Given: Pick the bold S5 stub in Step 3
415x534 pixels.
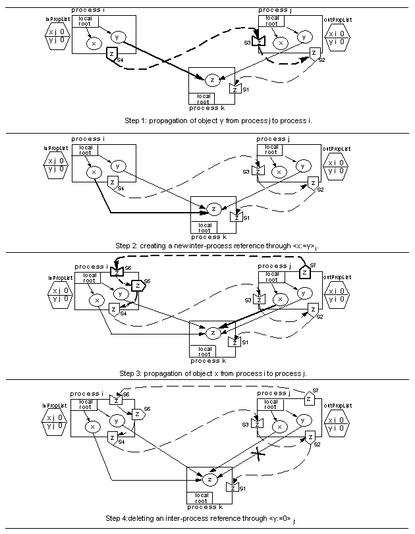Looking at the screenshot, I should click(x=137, y=286).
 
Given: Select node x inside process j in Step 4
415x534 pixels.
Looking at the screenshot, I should click(x=281, y=427).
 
